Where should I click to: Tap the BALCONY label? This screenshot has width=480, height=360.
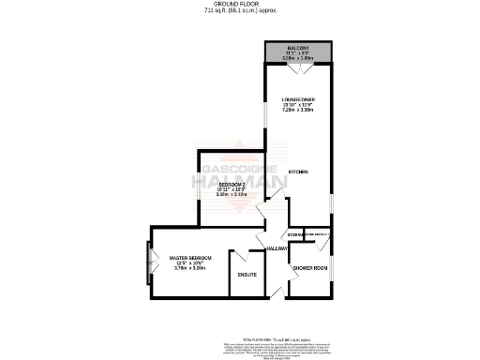click(x=298, y=48)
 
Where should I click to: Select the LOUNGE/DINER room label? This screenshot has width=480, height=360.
click(x=299, y=99)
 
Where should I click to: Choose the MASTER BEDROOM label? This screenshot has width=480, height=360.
click(x=190, y=258)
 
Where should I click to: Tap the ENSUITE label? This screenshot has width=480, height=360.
click(x=247, y=275)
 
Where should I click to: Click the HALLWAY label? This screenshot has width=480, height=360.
click(x=277, y=248)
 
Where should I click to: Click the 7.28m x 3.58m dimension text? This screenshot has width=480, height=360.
click(x=299, y=110)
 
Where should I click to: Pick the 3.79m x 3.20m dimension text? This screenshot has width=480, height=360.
click(x=190, y=268)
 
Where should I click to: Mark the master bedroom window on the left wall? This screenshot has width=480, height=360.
click(x=148, y=264)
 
